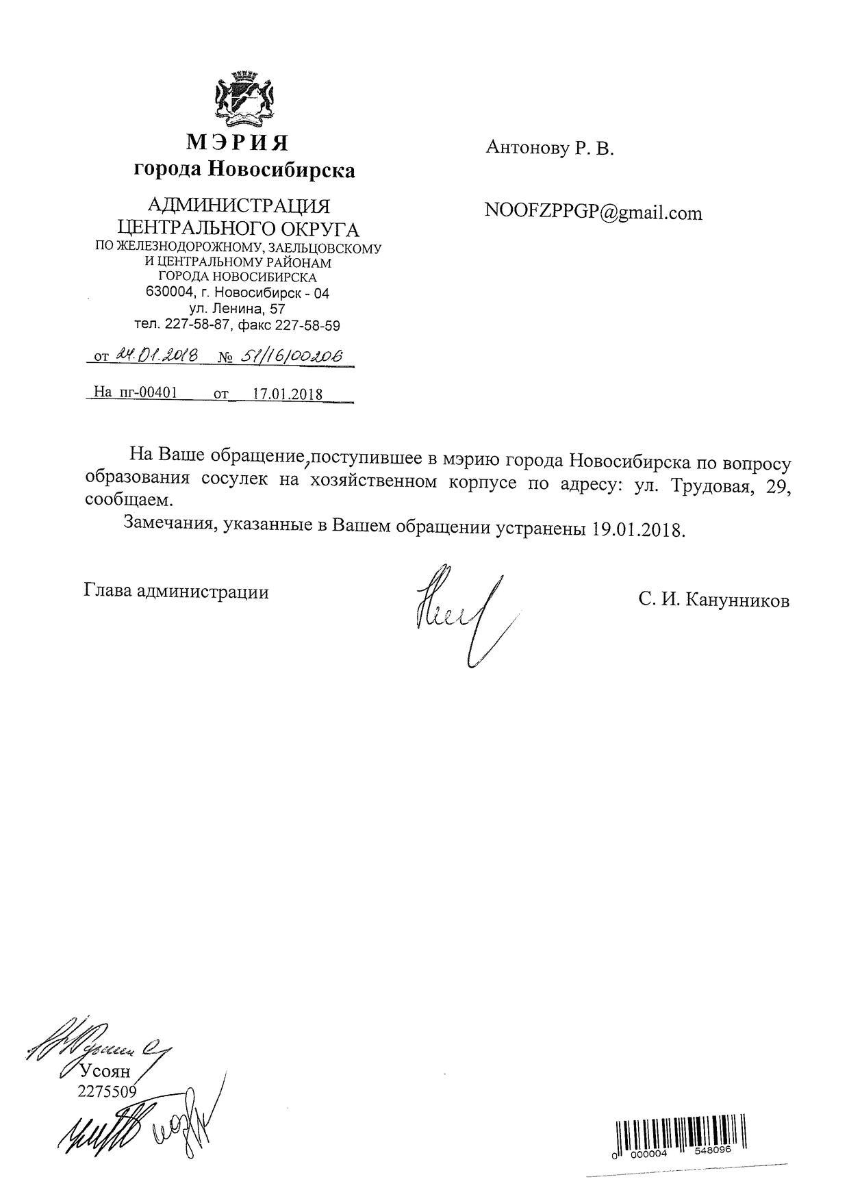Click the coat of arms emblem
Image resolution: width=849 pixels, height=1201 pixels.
(244, 100)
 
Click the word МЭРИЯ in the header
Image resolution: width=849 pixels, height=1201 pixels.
(238, 142)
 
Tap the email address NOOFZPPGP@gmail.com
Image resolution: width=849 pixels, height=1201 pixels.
(593, 212)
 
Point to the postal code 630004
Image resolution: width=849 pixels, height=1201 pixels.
(168, 293)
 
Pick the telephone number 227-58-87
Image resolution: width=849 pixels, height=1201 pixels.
(194, 325)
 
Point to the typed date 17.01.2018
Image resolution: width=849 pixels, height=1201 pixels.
(288, 394)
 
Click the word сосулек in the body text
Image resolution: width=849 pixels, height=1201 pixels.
(236, 481)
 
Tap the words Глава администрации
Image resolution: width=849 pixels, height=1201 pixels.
(176, 591)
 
